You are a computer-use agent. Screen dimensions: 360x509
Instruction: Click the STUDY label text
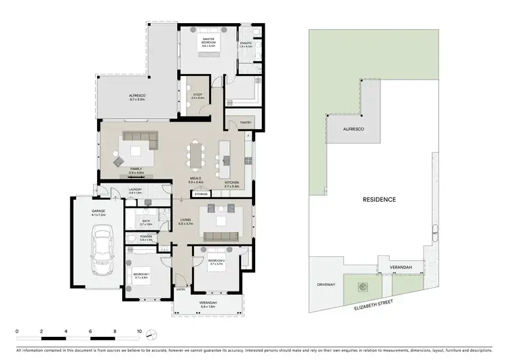click(197, 95)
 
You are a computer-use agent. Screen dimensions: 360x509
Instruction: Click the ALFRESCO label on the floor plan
click(138, 96)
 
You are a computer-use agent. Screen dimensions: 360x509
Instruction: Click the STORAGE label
click(200, 194)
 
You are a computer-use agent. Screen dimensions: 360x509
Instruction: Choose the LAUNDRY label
click(134, 190)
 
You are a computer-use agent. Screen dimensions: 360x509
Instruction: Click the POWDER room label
click(146, 238)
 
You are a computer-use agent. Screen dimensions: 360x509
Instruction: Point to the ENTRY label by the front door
click(181, 289)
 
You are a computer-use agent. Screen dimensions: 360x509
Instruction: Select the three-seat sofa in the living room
click(220, 236)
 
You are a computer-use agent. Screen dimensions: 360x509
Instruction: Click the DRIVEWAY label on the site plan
click(326, 285)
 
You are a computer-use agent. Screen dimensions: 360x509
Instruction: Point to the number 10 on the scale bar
click(139, 332)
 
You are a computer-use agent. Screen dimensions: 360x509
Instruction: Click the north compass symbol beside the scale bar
click(154, 334)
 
